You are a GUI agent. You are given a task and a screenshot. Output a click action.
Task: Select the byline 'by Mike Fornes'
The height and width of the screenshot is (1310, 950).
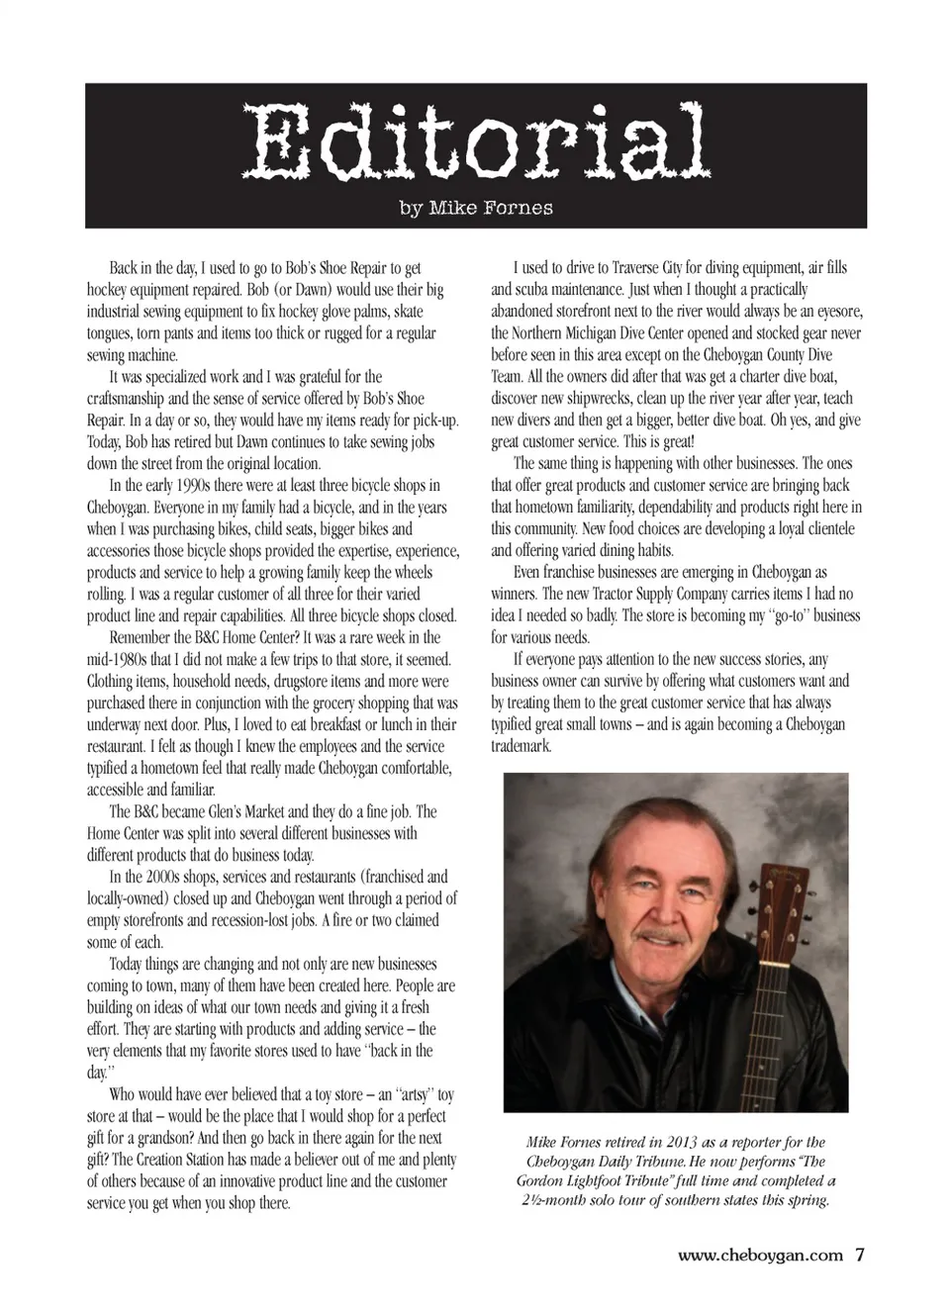[476, 208]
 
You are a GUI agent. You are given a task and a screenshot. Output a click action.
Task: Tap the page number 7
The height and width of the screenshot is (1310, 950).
[860, 1255]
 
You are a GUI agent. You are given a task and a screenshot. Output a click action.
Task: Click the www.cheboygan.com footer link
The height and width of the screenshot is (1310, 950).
[760, 1256]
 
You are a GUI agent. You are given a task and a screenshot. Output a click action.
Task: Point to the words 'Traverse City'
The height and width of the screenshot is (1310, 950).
[654, 268]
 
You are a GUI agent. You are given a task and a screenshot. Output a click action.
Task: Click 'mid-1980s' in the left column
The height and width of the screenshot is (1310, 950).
[123, 660]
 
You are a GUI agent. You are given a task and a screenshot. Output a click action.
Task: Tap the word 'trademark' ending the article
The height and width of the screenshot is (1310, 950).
[521, 747]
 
